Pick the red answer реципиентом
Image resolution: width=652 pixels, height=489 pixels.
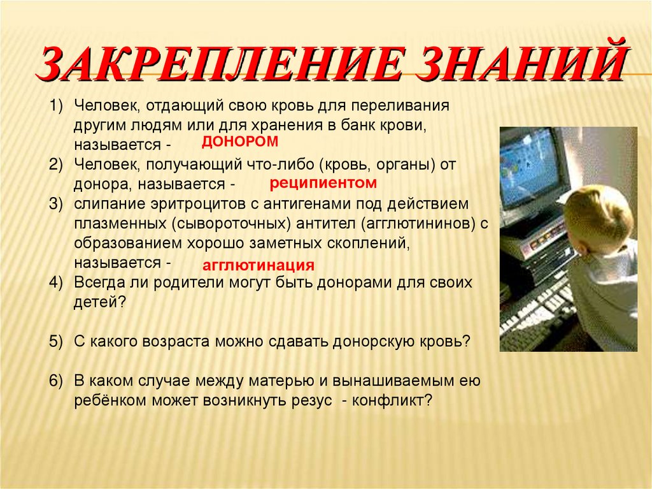coord(323,183)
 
